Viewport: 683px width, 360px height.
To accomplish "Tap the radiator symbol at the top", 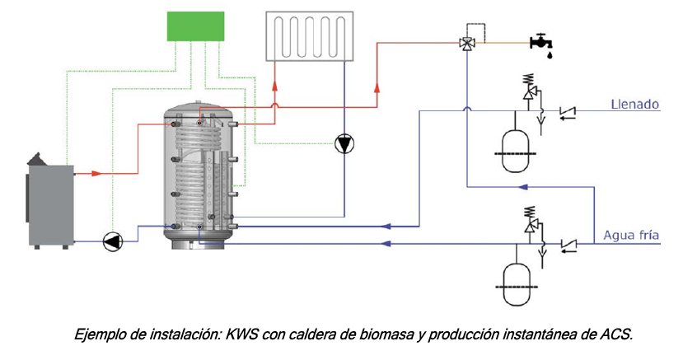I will [x=309, y=35].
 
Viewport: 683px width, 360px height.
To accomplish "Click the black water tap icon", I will [x=540, y=40].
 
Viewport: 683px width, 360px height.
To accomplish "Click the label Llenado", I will [x=634, y=105].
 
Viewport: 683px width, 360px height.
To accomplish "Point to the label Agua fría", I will [x=631, y=236].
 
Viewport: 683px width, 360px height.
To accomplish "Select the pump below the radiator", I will [x=344, y=144].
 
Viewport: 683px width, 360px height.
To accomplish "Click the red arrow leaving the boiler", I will [x=96, y=174].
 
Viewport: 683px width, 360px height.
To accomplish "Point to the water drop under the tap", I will [x=549, y=53].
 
